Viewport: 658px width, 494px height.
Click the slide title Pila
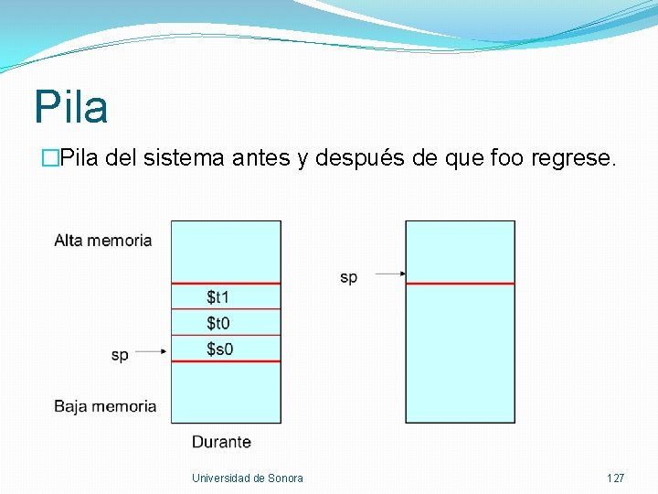[x=71, y=107]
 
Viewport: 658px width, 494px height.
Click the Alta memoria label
[x=103, y=241]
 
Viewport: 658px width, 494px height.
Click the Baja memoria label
[x=105, y=406]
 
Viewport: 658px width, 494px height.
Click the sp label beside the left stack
[x=120, y=355]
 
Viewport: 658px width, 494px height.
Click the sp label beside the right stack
[x=348, y=277]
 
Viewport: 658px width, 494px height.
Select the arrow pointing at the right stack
[x=390, y=273]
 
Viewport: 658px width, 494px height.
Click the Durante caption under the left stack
[x=221, y=442]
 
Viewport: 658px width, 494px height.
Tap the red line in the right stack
[x=460, y=284]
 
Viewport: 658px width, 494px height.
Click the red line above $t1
[x=226, y=284]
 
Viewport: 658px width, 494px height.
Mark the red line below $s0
[x=226, y=362]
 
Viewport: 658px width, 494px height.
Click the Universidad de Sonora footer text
[x=248, y=478]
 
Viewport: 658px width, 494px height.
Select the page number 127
[x=615, y=478]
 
